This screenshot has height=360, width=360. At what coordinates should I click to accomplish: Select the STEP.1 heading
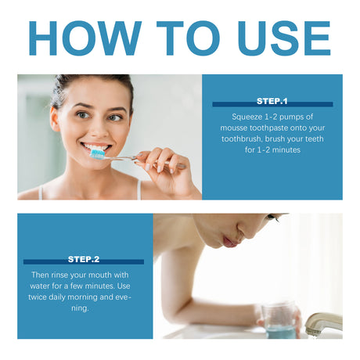point(272,101)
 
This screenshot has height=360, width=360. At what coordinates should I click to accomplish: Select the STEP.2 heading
point(84,258)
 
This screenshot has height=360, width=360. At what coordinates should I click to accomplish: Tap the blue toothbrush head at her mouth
point(98,153)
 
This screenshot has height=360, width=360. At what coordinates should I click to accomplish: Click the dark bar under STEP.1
point(272,105)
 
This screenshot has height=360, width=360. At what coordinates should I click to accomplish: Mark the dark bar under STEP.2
point(84,262)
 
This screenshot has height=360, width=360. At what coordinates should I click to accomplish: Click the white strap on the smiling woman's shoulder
point(139,188)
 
